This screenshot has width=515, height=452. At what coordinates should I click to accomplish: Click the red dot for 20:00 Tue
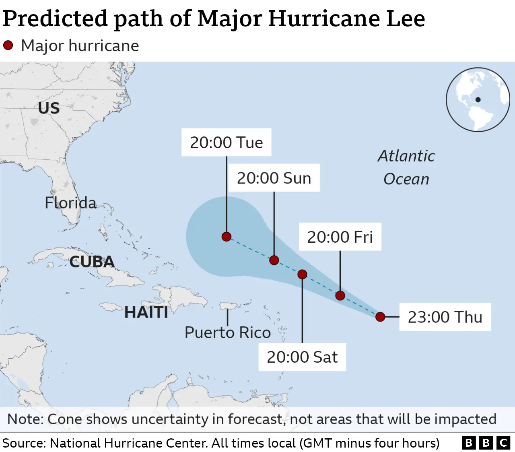point(227,237)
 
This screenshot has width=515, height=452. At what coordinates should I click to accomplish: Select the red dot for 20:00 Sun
point(274,260)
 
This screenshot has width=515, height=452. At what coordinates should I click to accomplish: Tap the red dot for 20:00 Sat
point(302,275)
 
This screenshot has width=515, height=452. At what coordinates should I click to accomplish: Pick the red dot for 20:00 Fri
point(340,296)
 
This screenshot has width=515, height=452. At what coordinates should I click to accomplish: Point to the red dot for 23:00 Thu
point(380,317)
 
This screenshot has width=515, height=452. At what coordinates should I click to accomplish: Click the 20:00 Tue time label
point(226,142)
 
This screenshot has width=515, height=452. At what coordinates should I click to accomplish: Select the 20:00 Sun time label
point(274,178)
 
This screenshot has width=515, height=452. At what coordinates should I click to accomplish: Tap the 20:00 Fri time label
point(340,237)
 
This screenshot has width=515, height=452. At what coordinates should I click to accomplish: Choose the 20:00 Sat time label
point(302,357)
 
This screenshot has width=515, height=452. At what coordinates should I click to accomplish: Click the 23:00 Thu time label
point(445,317)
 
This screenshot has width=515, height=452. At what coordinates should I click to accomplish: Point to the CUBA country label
point(92,262)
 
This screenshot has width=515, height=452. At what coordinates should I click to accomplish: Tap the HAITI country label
point(146,312)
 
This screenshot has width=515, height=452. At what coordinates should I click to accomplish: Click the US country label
point(49,108)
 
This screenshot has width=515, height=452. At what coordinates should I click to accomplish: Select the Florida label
point(71,203)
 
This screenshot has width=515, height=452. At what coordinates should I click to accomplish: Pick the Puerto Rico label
point(228,333)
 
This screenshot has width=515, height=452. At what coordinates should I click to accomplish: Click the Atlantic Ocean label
point(406,167)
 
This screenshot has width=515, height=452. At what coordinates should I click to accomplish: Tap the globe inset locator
point(478,99)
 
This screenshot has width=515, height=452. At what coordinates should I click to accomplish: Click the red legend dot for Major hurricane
point(8,45)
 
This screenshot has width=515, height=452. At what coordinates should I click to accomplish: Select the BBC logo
point(486,443)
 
